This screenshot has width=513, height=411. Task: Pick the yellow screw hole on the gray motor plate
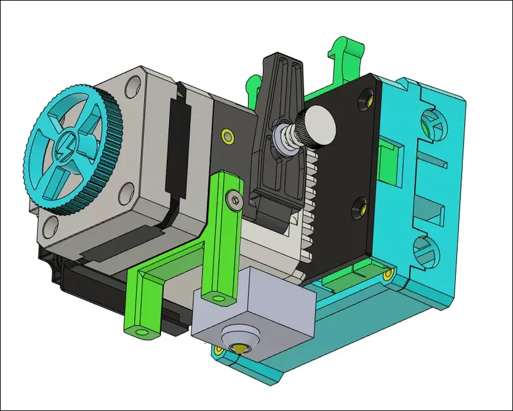pos(228,136)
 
